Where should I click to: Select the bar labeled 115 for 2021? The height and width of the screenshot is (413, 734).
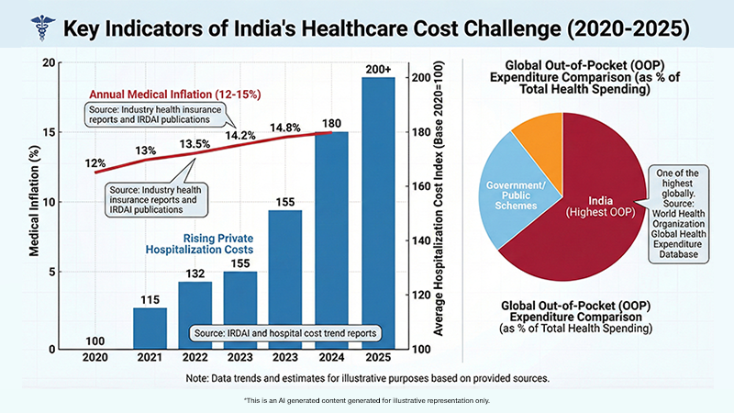click(x=150, y=329)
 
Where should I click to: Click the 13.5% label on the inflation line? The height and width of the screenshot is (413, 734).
click(x=192, y=143)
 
